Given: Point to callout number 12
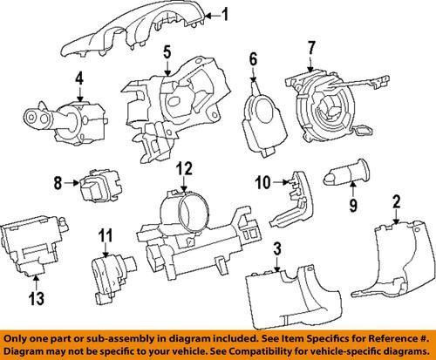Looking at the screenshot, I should coord(183,168).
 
